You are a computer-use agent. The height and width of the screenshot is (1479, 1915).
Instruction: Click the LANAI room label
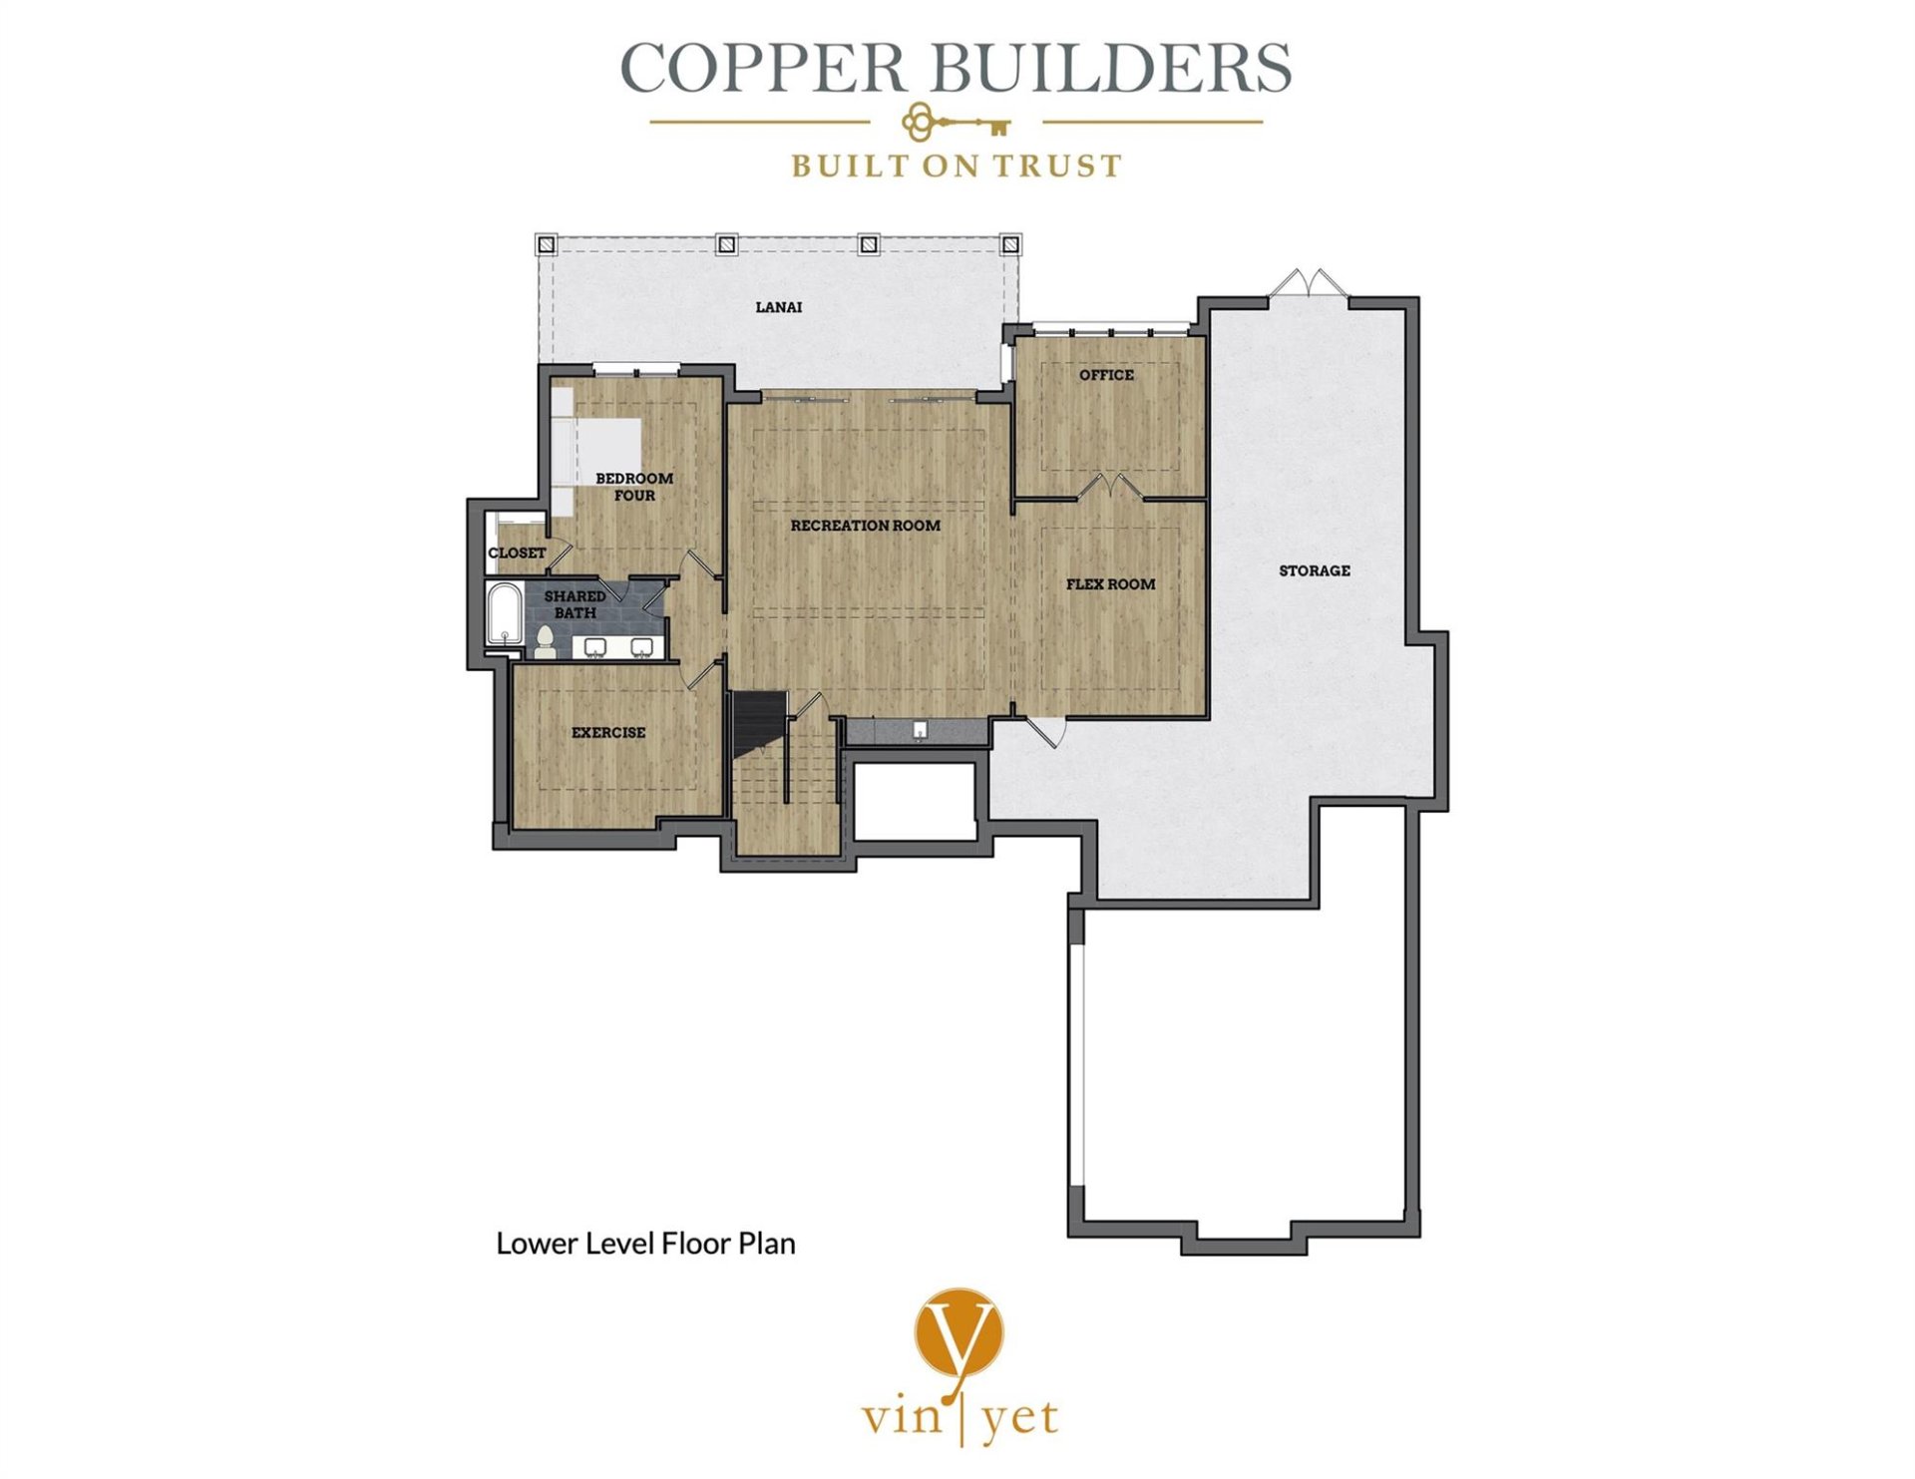[x=779, y=307]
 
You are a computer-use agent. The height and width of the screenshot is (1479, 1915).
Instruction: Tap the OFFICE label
[x=1106, y=375]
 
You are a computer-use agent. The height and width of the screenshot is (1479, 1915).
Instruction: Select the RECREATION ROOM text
[x=866, y=526]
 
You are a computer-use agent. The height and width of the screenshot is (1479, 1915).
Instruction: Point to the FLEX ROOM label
[x=1110, y=584]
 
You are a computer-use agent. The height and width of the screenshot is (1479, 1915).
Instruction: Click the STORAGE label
[x=1315, y=570]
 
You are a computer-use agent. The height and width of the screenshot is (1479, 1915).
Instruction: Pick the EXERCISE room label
[x=608, y=733]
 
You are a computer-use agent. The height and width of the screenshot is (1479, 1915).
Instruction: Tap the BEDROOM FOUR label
[x=634, y=487]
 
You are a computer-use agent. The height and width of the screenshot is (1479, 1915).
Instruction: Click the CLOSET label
[x=517, y=553]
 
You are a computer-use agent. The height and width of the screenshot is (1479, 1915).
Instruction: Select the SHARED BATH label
[x=574, y=604]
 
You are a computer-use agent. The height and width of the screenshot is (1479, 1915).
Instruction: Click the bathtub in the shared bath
[x=503, y=615]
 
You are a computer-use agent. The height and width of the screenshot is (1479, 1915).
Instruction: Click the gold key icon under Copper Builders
[x=957, y=124]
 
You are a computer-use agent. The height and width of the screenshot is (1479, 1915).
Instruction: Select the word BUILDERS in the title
[x=1110, y=69]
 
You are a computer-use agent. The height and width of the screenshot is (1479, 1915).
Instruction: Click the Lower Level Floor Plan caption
[x=645, y=1244]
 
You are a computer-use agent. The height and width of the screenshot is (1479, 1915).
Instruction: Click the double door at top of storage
[x=1308, y=283]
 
